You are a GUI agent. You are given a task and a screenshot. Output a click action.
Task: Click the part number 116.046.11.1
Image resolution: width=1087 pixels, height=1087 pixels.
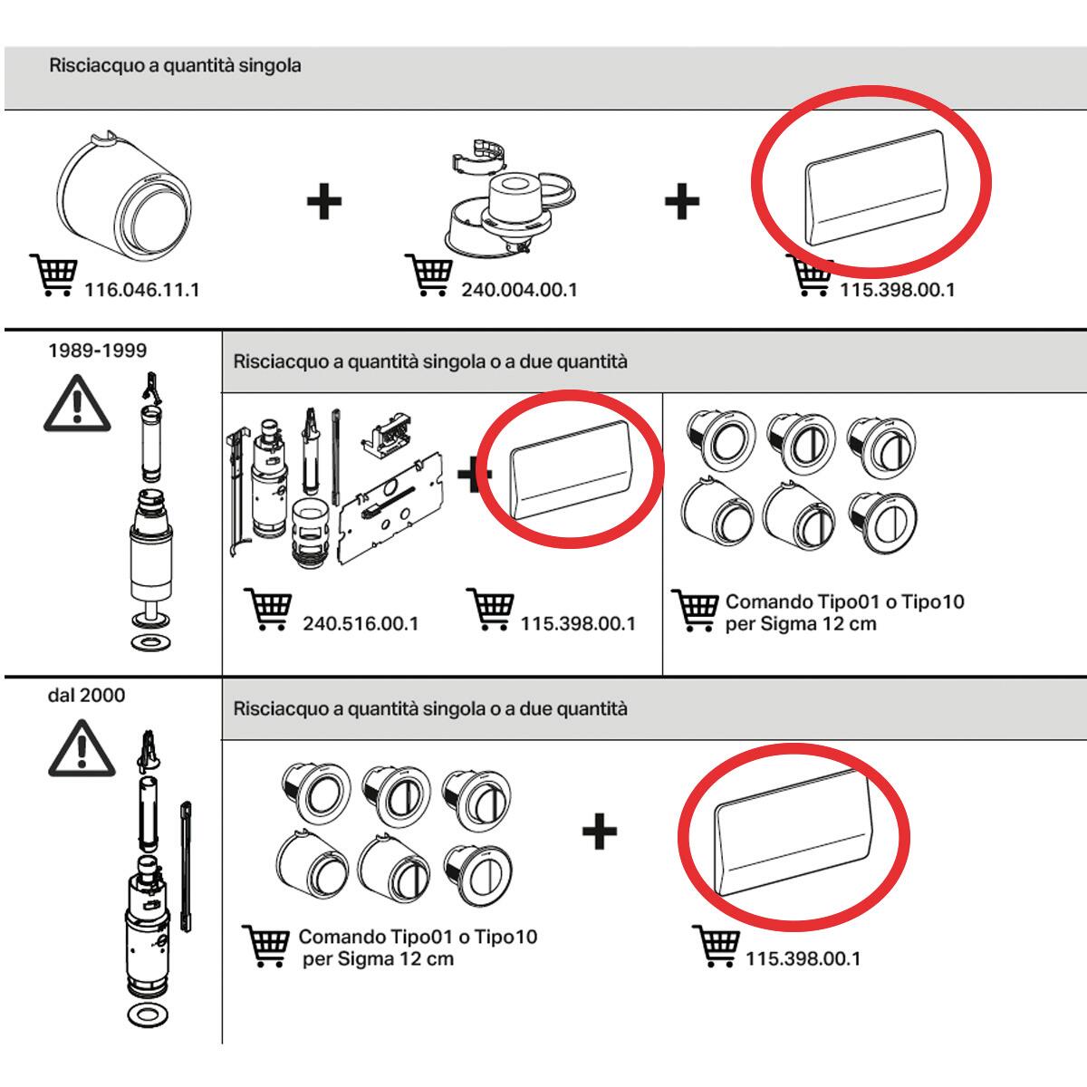[x=141, y=291]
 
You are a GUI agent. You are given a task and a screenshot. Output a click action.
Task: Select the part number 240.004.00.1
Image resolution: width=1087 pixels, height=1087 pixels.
[x=519, y=291]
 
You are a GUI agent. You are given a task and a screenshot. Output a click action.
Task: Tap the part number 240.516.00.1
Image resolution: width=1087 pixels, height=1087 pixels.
[x=361, y=624]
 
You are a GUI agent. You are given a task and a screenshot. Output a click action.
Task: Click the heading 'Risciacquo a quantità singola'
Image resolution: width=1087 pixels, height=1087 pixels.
[x=175, y=66]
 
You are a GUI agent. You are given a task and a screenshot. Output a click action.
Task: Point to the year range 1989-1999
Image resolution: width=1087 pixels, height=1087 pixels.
[x=97, y=351]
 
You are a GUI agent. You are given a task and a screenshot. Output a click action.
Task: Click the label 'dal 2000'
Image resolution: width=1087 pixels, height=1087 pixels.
[x=86, y=696]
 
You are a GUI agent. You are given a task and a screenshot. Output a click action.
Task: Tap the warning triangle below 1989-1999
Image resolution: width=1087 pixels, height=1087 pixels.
[x=78, y=404]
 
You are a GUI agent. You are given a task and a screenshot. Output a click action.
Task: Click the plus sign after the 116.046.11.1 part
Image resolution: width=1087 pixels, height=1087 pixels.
[x=323, y=201]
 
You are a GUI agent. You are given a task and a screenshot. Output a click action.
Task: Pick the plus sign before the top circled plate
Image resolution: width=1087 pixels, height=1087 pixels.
[x=681, y=201]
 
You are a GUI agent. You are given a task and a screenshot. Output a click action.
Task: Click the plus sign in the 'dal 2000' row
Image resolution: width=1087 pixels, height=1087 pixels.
[x=599, y=831]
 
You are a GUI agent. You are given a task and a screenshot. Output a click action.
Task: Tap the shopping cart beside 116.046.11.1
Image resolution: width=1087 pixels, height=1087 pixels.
[x=53, y=274]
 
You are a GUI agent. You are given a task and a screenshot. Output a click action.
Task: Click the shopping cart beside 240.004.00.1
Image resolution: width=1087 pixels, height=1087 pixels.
[x=428, y=274]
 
